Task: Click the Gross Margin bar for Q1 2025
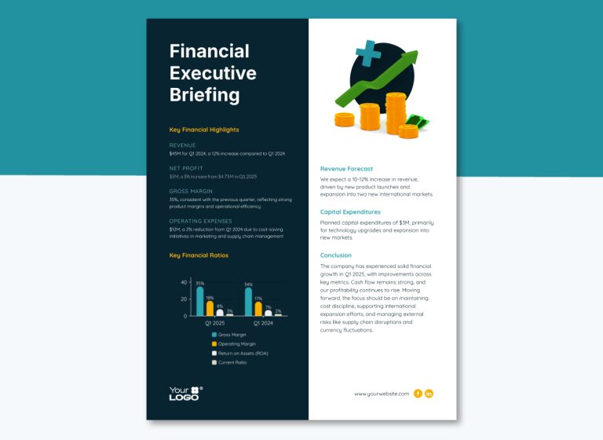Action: (x=199, y=301)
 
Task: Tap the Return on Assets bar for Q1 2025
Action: (x=219, y=312)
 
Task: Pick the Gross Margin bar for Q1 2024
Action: (x=248, y=302)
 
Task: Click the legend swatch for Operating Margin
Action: (x=214, y=344)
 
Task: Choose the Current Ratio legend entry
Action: (x=232, y=362)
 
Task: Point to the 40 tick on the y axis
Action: (x=184, y=282)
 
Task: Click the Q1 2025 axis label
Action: (x=215, y=323)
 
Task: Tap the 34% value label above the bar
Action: (x=248, y=284)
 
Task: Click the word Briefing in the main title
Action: (x=204, y=96)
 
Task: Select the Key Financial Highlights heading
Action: (x=204, y=130)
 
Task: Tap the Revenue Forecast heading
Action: (x=346, y=169)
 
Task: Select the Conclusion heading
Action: (x=337, y=255)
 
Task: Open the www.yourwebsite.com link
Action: (x=382, y=394)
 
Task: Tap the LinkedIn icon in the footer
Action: (x=429, y=394)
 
